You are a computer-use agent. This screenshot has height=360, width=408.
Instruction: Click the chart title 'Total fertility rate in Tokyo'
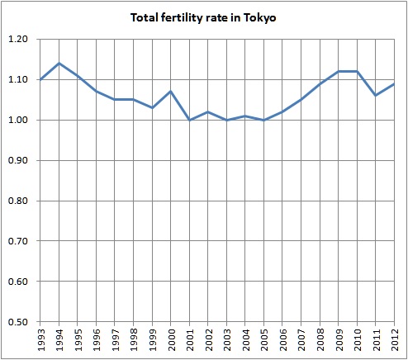[x=203, y=17]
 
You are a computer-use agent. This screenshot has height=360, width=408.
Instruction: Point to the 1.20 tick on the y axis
[x=18, y=40]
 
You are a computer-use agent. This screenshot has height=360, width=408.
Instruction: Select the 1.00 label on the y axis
[x=18, y=121]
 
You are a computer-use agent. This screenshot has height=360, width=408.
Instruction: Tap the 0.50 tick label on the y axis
[x=18, y=322]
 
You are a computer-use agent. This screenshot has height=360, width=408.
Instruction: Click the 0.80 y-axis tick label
[x=18, y=201]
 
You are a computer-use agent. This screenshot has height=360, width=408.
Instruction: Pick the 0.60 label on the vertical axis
[x=18, y=282]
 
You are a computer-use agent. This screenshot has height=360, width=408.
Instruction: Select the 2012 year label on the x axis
[x=398, y=339]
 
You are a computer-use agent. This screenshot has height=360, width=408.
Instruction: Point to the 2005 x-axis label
[x=267, y=339]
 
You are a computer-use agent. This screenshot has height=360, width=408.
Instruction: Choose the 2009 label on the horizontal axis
[x=342, y=339]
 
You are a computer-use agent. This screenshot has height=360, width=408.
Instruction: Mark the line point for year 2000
[x=173, y=92]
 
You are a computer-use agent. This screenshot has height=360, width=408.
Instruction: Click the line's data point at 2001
[x=192, y=120]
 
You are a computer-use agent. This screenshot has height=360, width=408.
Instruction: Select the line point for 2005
[x=267, y=120]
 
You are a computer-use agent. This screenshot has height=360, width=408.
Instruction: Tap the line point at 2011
[x=379, y=96]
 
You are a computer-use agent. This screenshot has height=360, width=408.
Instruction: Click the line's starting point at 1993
[x=41, y=79]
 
